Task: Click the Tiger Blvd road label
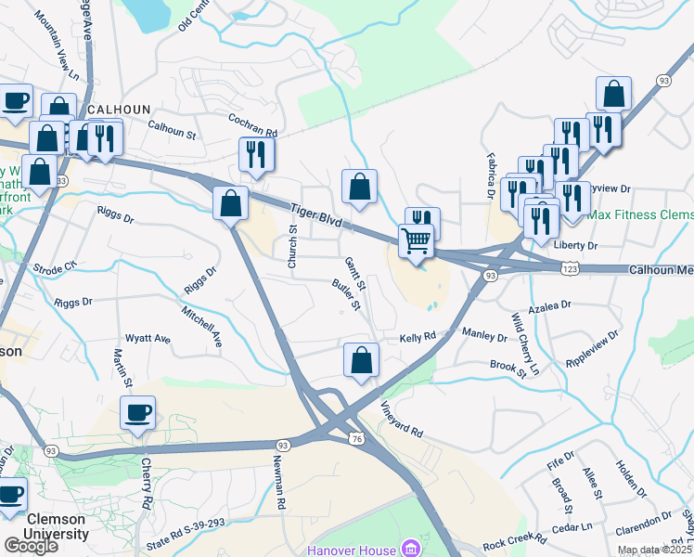coord(315,218)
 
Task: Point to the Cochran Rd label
coord(253,126)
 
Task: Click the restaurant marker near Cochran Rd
coord(257,156)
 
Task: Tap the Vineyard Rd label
coord(402,421)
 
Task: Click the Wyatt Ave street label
coord(148,339)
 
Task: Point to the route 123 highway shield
coord(570,267)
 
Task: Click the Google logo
coord(31,546)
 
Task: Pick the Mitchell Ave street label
coord(202,327)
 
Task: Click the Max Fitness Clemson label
coord(640,214)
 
